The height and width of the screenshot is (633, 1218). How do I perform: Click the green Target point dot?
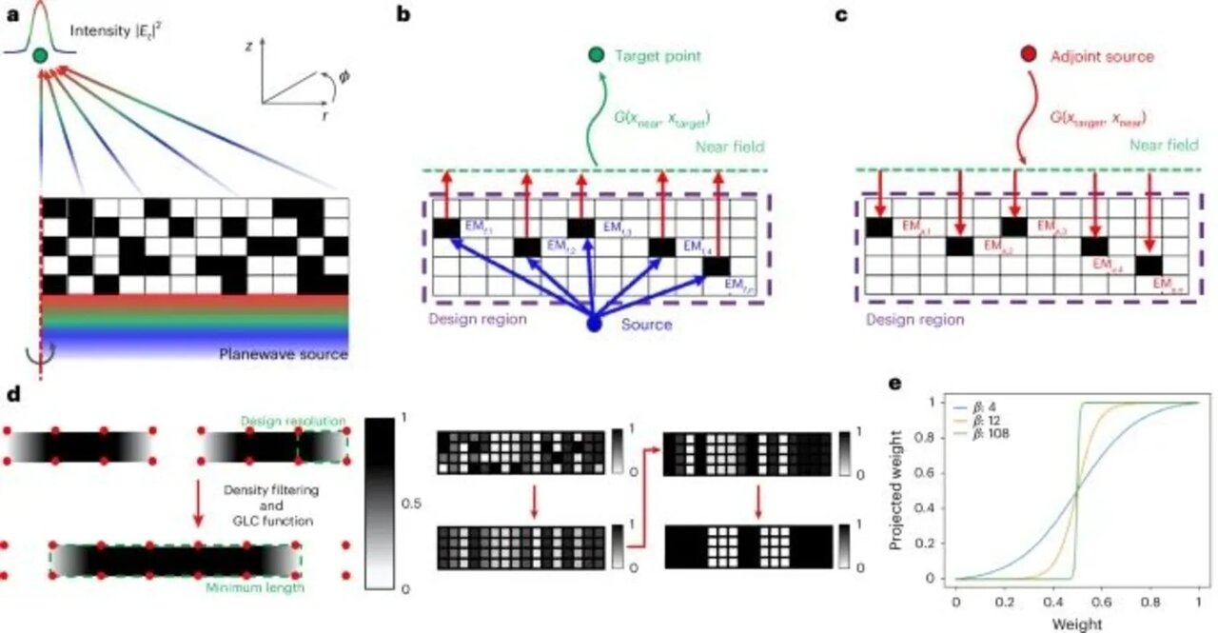tap(594, 56)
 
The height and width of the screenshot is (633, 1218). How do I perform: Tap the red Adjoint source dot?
tap(1028, 56)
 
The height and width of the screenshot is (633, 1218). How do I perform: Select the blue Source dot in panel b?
tap(595, 325)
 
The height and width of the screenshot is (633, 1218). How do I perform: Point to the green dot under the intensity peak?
tap(39, 57)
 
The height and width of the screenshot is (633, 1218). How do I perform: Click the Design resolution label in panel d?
tap(293, 420)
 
